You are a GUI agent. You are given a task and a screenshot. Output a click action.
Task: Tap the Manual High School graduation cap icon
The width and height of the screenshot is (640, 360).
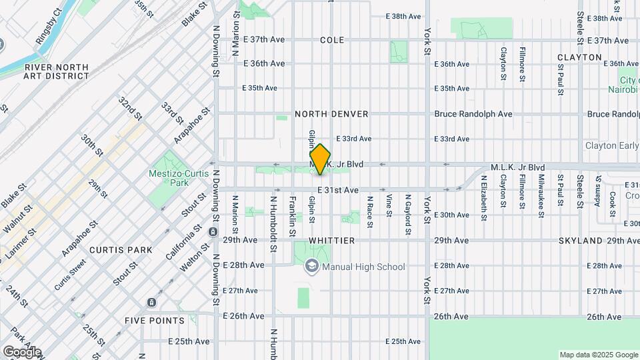[311, 267]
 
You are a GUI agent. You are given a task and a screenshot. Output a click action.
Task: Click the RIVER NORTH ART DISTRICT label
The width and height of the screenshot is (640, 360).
[56, 71]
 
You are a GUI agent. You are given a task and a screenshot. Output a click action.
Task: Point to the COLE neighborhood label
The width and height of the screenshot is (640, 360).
[332, 40]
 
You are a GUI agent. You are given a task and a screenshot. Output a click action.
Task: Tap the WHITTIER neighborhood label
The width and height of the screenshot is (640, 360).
[331, 240]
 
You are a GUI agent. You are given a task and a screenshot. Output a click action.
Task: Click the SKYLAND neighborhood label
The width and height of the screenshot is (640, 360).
[579, 240]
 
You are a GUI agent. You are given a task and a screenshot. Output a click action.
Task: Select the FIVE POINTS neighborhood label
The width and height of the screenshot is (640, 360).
[155, 321]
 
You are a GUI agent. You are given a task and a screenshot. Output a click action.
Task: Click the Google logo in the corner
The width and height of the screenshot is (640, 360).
[21, 351]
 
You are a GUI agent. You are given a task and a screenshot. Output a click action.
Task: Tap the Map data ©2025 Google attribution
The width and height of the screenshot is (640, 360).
[598, 355]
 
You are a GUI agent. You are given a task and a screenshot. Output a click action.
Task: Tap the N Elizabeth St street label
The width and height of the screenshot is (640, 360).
[483, 198]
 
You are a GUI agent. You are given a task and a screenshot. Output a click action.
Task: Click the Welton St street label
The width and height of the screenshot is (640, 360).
[190, 257]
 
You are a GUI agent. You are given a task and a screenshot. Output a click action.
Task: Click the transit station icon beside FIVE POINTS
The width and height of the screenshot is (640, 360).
[152, 303]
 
